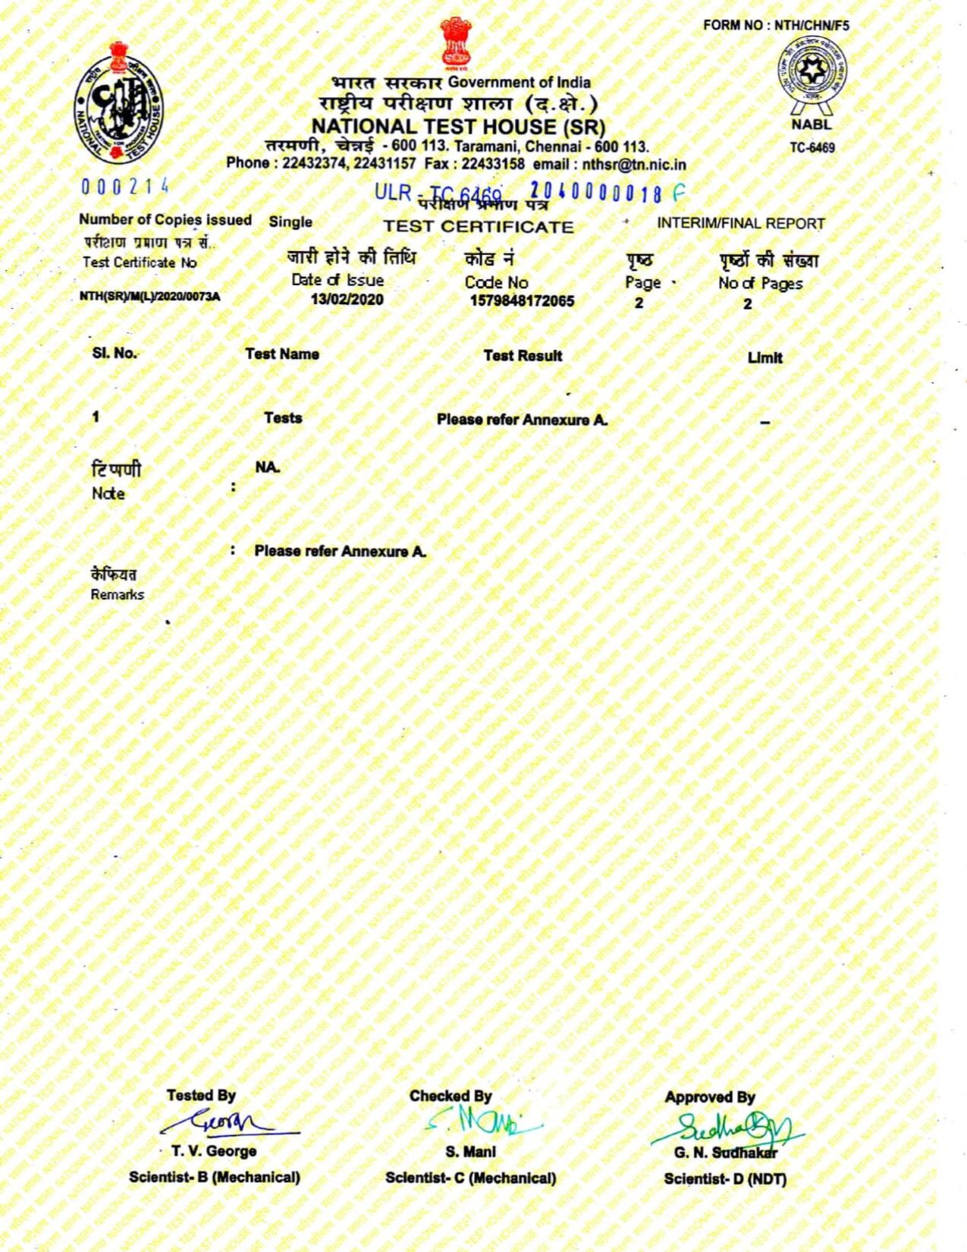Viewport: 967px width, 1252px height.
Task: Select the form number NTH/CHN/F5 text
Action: (776, 25)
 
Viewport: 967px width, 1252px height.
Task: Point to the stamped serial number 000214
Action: (124, 187)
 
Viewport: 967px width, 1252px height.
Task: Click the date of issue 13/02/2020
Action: (347, 300)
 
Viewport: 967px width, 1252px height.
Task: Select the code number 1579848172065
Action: (522, 301)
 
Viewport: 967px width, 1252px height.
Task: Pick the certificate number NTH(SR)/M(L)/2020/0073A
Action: (149, 297)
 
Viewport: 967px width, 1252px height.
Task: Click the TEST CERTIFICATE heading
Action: (478, 227)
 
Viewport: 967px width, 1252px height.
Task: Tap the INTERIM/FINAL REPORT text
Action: (740, 224)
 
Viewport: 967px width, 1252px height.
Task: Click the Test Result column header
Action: (523, 355)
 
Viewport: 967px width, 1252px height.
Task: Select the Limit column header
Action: (764, 357)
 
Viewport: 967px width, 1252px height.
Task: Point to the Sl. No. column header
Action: (115, 353)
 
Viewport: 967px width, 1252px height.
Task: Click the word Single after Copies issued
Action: (290, 222)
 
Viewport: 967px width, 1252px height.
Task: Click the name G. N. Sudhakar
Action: (726, 1153)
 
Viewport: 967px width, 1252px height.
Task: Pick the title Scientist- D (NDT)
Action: (725, 1178)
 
